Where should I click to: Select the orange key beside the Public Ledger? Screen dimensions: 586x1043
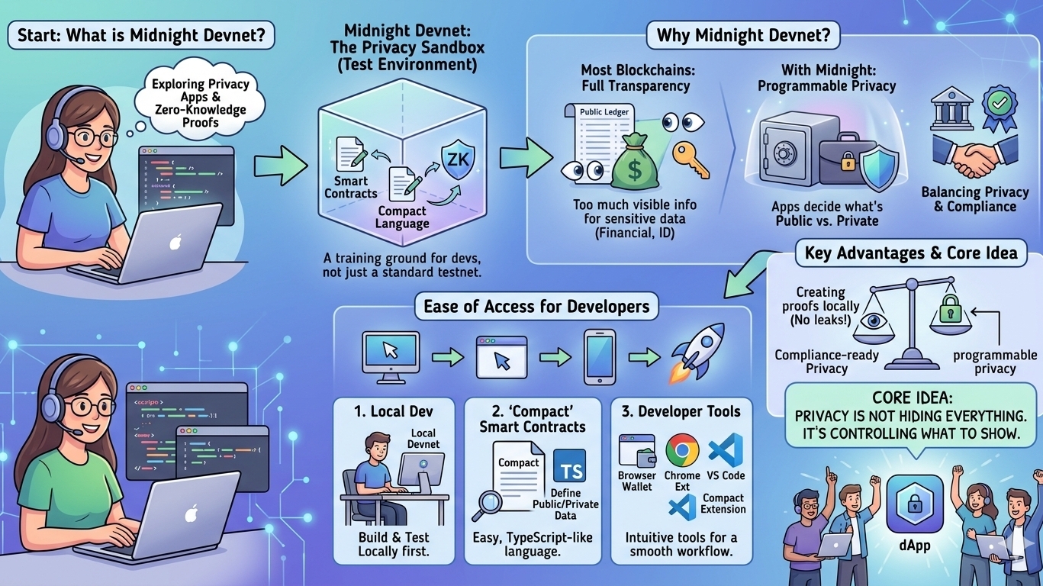(691, 156)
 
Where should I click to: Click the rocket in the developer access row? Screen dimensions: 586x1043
(697, 352)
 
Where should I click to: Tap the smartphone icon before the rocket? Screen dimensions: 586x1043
(600, 356)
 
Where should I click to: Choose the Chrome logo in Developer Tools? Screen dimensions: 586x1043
(682, 450)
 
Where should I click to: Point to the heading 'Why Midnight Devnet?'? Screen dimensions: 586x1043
(743, 35)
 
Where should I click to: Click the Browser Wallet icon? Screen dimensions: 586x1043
(636, 451)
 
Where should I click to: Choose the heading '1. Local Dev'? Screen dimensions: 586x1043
(394, 411)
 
